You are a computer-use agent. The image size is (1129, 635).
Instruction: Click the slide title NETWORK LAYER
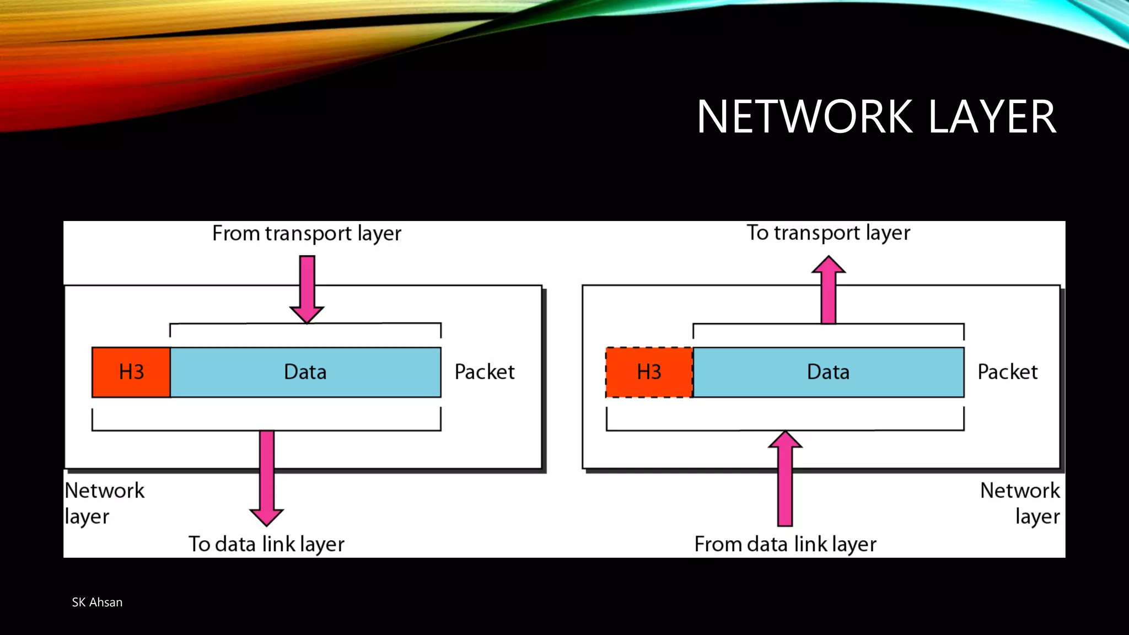tap(877, 117)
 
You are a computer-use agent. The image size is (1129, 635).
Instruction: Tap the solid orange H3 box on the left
tap(131, 372)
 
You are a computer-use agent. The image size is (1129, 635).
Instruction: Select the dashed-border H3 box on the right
tap(649, 372)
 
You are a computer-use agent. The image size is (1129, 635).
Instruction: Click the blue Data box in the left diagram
tap(305, 372)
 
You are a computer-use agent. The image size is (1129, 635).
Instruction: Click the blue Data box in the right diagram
tap(828, 372)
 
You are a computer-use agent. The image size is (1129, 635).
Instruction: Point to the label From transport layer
tap(307, 234)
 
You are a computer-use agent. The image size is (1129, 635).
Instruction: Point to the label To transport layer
tap(828, 233)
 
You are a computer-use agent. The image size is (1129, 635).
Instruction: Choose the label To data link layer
tap(266, 544)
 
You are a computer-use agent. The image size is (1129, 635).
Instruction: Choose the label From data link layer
tap(785, 544)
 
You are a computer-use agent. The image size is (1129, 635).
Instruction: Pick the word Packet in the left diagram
tap(485, 372)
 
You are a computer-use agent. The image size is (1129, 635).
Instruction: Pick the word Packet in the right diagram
tap(1007, 372)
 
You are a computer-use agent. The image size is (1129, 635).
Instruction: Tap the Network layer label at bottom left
tap(104, 503)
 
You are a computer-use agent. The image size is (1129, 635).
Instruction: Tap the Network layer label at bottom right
tap(1020, 503)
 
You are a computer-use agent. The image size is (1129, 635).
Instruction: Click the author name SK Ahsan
tap(97, 602)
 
